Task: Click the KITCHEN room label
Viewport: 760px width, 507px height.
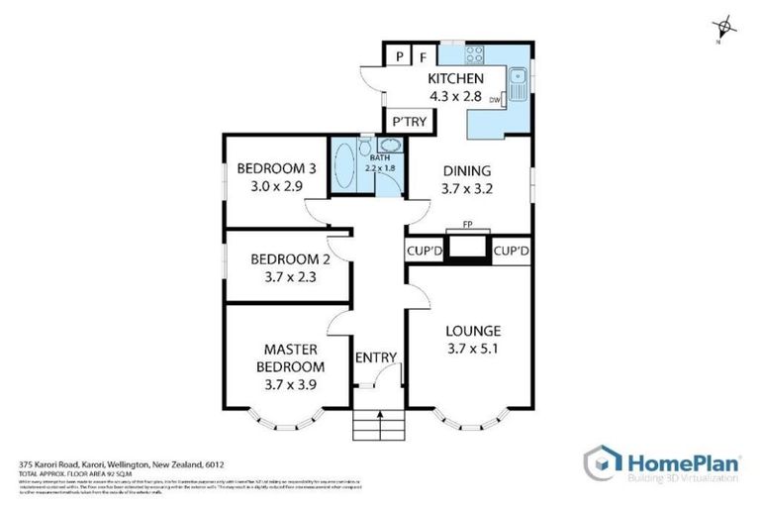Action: pyautogui.click(x=455, y=79)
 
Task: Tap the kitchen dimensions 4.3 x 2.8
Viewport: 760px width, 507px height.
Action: pyautogui.click(x=455, y=96)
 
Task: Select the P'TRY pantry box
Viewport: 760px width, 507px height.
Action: pyautogui.click(x=409, y=122)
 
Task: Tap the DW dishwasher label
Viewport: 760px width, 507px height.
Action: pyautogui.click(x=494, y=99)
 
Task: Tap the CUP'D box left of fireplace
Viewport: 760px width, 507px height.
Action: pyautogui.click(x=423, y=252)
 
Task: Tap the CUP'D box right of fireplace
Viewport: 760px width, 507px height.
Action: pyautogui.click(x=511, y=252)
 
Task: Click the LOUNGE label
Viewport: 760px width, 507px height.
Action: pyautogui.click(x=473, y=331)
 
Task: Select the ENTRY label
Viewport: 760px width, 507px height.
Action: pyautogui.click(x=376, y=357)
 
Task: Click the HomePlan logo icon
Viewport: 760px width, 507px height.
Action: pyautogui.click(x=602, y=462)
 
